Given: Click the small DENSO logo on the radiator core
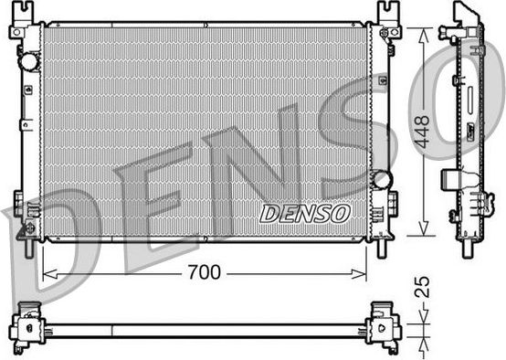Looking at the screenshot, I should (305, 213).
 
